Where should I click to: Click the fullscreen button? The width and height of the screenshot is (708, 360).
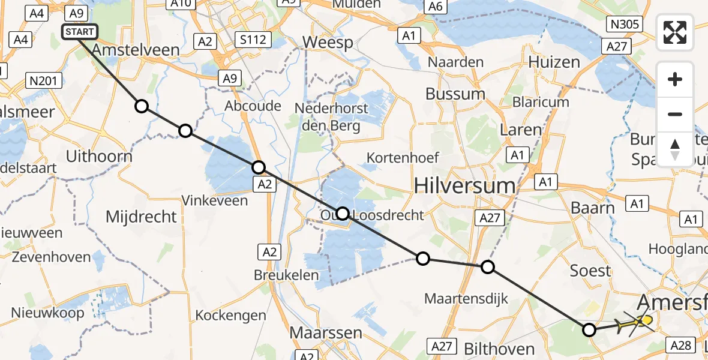click(x=675, y=32)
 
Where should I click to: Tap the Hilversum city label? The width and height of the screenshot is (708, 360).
click(x=465, y=185)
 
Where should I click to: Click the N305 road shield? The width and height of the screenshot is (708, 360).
click(x=625, y=24)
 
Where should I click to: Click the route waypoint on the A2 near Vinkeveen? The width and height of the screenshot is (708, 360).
click(x=258, y=167)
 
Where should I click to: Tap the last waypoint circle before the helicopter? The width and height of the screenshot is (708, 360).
click(x=589, y=329)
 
